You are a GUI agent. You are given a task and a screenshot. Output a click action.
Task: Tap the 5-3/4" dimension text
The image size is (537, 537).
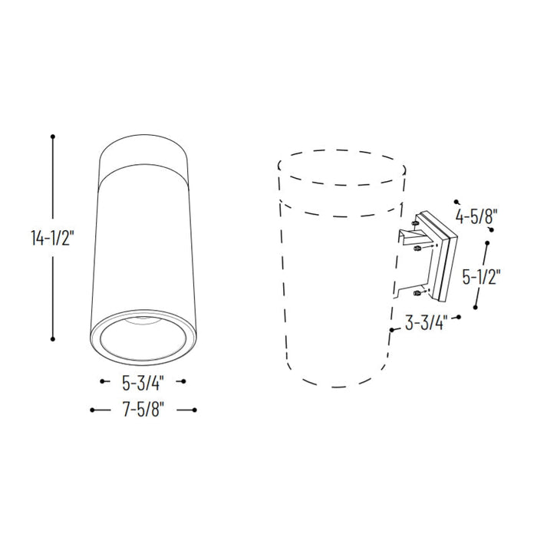coord(143,381)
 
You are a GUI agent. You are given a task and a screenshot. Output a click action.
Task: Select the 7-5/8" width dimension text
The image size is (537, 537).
coord(143,410)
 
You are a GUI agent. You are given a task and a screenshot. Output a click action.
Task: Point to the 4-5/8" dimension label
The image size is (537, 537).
coord(476,216)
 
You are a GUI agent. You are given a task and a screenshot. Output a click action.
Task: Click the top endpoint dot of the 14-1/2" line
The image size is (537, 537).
coord(53,137)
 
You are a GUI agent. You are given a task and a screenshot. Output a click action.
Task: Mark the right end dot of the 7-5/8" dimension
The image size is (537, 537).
coord(196,410)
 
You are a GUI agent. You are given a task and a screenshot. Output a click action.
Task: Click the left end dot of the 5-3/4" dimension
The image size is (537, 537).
coord(103,381)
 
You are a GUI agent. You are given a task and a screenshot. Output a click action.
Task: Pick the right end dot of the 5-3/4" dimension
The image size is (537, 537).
coord(184,381)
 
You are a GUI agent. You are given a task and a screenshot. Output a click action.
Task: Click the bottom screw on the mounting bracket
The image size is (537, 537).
coord(415,293)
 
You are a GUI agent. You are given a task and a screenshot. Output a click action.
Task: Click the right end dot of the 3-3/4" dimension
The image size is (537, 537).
coord(459,316)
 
